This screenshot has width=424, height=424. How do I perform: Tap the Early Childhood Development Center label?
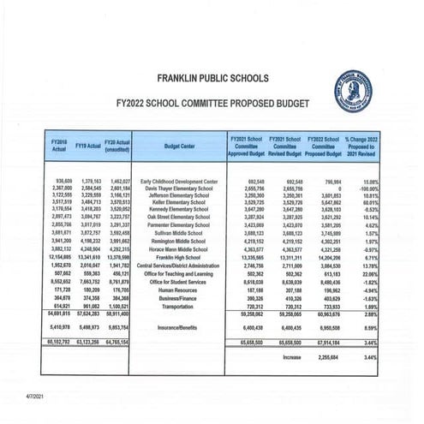[178, 182]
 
